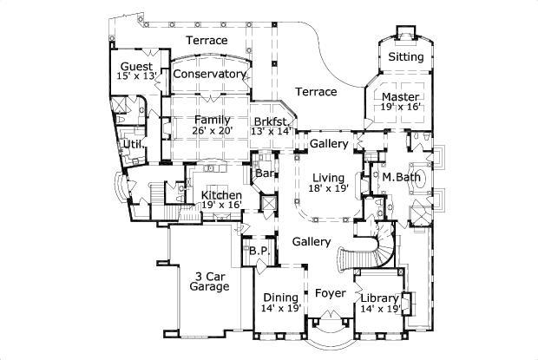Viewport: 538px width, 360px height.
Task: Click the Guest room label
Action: pos(137,67)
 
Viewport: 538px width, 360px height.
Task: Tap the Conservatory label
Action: pos(209,75)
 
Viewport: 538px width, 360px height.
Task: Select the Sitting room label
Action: pos(405,57)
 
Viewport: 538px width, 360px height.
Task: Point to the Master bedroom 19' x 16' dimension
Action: pos(400,107)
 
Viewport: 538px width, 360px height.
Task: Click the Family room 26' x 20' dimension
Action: pos(212,131)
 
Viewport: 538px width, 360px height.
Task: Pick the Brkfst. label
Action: pos(271,121)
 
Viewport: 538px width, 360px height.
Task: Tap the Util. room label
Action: pos(133,144)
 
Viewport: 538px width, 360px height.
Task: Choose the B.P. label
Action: pos(258,252)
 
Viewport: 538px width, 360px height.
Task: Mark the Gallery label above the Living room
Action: pos(329,143)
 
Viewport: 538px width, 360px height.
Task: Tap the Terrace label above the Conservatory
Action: pos(207,41)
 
